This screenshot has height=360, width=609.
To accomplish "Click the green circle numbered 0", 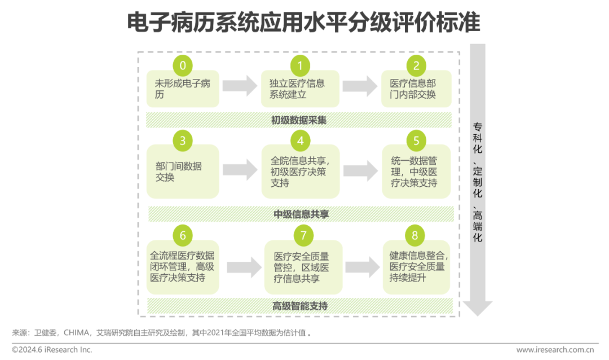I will pyautogui.click(x=182, y=66).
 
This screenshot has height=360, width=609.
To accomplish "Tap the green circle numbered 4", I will pyautogui.click(x=301, y=141).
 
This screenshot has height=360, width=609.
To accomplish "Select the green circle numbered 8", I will pyautogui.click(x=416, y=235).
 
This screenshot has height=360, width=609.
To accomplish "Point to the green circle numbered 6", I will pyautogui.click(x=182, y=235).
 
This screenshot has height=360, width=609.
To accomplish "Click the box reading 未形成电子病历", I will pyautogui.click(x=182, y=89).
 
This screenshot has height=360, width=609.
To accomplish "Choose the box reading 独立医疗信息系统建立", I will pyautogui.click(x=300, y=89).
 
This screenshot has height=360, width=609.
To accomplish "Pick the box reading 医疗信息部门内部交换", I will pyautogui.click(x=416, y=89).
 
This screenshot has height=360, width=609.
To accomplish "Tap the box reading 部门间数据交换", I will pyautogui.click(x=182, y=172).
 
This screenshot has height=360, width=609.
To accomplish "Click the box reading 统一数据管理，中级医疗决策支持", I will pyautogui.click(x=416, y=172).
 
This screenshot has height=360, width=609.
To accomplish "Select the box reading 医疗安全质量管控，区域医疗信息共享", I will pyautogui.click(x=303, y=267).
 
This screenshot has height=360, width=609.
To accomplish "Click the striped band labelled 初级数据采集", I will pyautogui.click(x=299, y=120).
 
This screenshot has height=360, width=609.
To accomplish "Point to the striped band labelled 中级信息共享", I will pyautogui.click(x=301, y=214).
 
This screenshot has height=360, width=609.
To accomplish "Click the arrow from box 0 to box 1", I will pyautogui.click(x=240, y=86).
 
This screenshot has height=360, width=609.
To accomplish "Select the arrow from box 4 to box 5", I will pyautogui.click(x=360, y=170).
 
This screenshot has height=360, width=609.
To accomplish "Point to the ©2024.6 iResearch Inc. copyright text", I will pyautogui.click(x=52, y=350).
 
